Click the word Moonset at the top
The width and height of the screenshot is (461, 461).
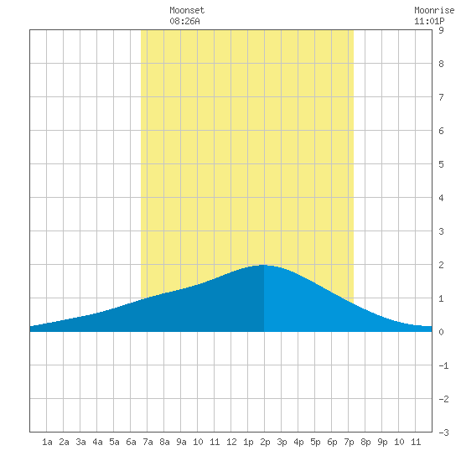pyautogui.click(x=187, y=10)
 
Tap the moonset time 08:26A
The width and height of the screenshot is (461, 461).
pyautogui.click(x=184, y=21)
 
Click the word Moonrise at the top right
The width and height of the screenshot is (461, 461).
pyautogui.click(x=434, y=10)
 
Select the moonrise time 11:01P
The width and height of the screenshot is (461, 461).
pyautogui.click(x=429, y=21)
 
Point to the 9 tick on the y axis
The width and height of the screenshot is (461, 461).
pyautogui.click(x=441, y=30)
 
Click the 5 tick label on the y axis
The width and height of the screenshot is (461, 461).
pyautogui.click(x=441, y=164)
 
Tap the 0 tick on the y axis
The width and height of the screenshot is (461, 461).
pyautogui.click(x=441, y=332)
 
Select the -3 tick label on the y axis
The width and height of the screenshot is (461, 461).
pyautogui.click(x=443, y=433)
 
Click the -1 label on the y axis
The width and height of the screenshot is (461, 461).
pyautogui.click(x=443, y=365)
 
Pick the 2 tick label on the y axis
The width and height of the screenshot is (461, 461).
pyautogui.click(x=441, y=265)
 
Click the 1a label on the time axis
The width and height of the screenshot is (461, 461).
pyautogui.click(x=47, y=442)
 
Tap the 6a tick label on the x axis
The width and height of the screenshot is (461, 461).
pyautogui.click(x=131, y=442)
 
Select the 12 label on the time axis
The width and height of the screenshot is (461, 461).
pyautogui.click(x=231, y=442)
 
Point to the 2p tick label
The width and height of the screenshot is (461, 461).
pyautogui.click(x=265, y=442)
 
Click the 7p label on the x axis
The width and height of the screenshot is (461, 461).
pyautogui.click(x=349, y=442)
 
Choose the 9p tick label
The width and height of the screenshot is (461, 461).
pyautogui.click(x=382, y=442)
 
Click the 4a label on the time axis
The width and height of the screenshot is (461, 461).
pyautogui.click(x=97, y=442)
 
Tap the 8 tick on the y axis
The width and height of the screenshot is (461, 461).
pyautogui.click(x=441, y=64)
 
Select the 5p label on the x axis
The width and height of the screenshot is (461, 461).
pyautogui.click(x=315, y=442)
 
